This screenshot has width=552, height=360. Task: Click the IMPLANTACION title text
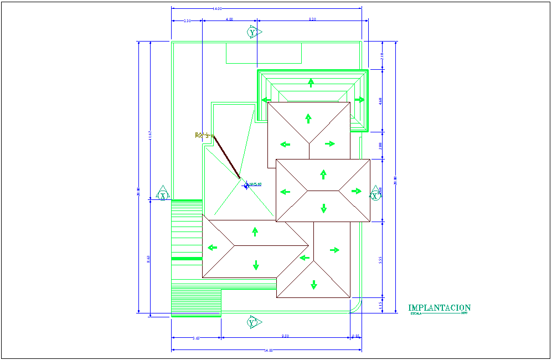pyautogui.click(x=439, y=308)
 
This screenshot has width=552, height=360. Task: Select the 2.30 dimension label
pyautogui.click(x=187, y=20)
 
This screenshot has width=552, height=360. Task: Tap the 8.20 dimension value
pyautogui.click(x=312, y=19)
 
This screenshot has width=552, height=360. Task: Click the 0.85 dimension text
pyautogui.click(x=355, y=336)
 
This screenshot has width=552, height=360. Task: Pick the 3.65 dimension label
pyautogui.click(x=195, y=337)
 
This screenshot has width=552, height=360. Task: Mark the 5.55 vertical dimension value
pyautogui.click(x=380, y=259)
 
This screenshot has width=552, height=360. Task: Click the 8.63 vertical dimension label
pyautogui.click(x=148, y=259)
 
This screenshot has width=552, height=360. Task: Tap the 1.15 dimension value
pyautogui.click(x=380, y=305)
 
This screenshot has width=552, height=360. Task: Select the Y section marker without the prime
pyautogui.click(x=253, y=33)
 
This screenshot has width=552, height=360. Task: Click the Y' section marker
pyautogui.click(x=253, y=322)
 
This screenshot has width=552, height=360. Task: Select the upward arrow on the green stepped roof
pyautogui.click(x=311, y=83)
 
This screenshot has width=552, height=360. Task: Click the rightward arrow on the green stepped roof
pyautogui.click(x=360, y=100)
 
